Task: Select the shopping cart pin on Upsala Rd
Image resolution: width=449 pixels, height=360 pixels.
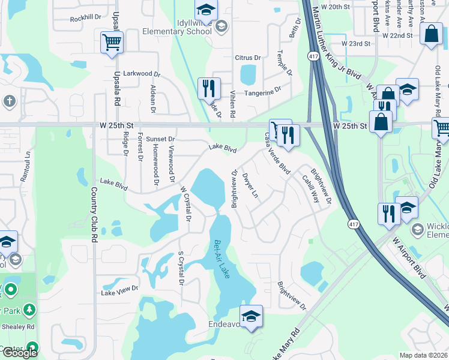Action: point(112,43)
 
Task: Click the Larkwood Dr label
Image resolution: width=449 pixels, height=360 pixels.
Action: point(142,74)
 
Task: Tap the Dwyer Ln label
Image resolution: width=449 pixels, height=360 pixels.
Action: point(250,186)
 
